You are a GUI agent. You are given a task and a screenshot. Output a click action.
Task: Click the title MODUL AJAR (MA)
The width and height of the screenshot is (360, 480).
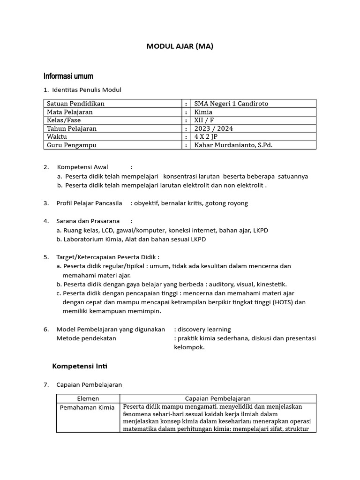pyautogui.click(x=180, y=46)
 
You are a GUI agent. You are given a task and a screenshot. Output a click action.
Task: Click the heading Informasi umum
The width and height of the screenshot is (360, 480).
pyautogui.click(x=68, y=76)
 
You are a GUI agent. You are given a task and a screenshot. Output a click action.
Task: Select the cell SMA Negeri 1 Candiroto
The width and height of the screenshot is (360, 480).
pyautogui.click(x=232, y=104)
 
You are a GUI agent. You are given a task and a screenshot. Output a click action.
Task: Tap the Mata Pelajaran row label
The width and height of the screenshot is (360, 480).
pyautogui.click(x=70, y=112)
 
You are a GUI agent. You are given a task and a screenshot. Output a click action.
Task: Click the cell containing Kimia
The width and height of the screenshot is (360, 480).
pyautogui.click(x=203, y=112)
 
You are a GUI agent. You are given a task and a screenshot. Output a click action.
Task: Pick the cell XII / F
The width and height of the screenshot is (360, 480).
pyautogui.click(x=205, y=120)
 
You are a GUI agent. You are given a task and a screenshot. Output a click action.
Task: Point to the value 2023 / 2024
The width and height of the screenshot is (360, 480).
pyautogui.click(x=214, y=128)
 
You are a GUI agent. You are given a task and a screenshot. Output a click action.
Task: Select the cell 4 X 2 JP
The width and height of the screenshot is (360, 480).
pyautogui.click(x=206, y=137)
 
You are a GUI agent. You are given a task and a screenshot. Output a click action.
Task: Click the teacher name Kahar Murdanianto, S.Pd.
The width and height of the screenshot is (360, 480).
pyautogui.click(x=233, y=145)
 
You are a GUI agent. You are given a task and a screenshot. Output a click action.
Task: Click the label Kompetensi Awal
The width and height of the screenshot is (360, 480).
pyautogui.click(x=82, y=167)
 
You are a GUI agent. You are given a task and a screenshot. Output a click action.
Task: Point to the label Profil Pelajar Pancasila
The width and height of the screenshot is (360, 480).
pyautogui.click(x=89, y=203)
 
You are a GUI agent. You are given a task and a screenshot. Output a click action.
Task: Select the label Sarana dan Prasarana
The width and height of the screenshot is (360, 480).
pyautogui.click(x=88, y=221)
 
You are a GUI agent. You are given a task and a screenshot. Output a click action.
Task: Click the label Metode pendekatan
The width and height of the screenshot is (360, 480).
pyautogui.click(x=86, y=338)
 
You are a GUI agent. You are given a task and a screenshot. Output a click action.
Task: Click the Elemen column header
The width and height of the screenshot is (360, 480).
pyautogui.click(x=88, y=398)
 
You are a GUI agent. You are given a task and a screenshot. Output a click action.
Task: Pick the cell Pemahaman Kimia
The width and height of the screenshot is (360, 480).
pyautogui.click(x=87, y=407)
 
